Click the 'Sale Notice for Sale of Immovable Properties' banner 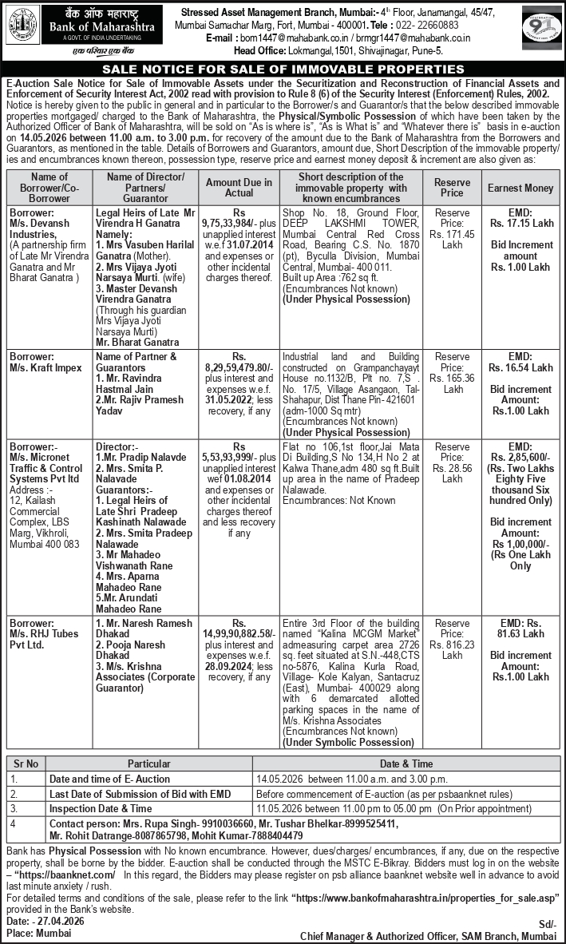click(283, 69)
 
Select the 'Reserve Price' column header click(452, 188)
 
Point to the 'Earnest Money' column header click(520, 188)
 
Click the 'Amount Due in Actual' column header click(239, 188)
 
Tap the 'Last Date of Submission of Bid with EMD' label click(140, 793)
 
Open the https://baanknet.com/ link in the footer click(65, 875)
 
